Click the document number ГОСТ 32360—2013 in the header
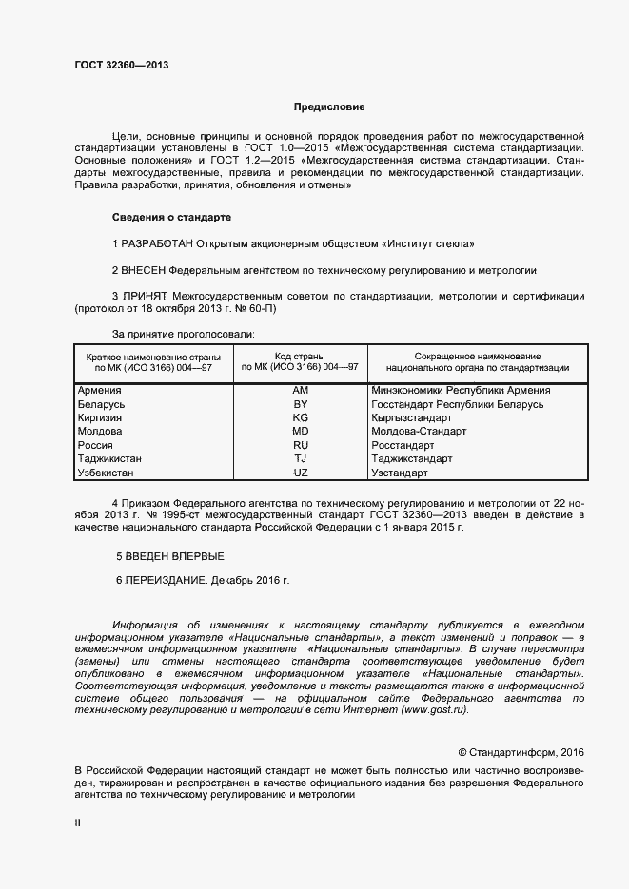121,66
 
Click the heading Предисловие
328,107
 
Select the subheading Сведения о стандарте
171,217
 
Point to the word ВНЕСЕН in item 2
146,270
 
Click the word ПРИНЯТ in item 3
147,297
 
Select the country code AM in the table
301,390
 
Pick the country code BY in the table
301,404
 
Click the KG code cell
301,417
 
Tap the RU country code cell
301,445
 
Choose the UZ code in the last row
301,473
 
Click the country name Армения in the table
98,390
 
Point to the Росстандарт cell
403,445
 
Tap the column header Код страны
301,355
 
